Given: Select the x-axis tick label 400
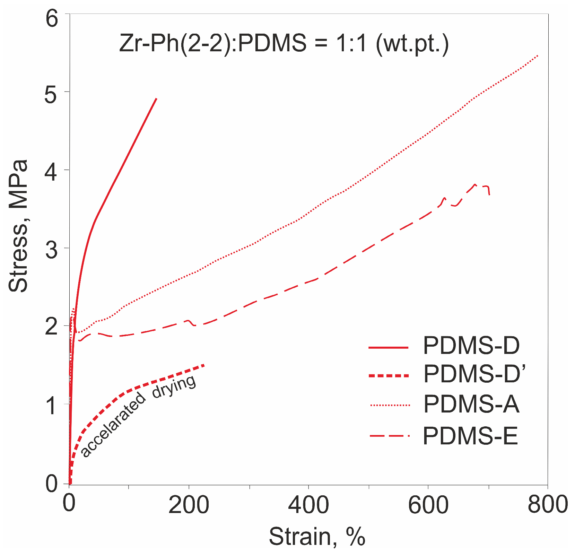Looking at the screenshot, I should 308,505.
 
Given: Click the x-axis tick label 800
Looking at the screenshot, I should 547,505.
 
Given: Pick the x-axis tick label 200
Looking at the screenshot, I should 189,505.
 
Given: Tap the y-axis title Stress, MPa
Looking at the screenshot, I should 18,226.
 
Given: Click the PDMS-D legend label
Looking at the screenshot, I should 471,346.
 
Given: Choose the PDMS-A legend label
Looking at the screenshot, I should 471,404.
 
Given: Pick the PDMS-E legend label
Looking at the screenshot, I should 470,436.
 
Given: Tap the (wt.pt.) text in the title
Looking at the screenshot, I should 412,45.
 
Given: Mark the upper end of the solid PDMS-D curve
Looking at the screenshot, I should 157,99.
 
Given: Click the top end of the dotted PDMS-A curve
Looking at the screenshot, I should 538,55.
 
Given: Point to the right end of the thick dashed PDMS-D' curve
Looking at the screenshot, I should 204,365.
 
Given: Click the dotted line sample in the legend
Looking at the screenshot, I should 390,405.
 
